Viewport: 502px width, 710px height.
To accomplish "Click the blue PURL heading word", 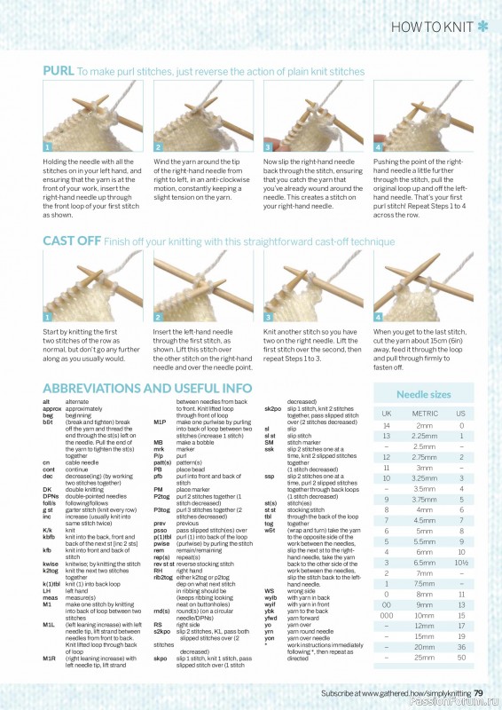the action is [x=59, y=71].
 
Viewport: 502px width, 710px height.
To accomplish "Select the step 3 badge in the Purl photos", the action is [x=268, y=147].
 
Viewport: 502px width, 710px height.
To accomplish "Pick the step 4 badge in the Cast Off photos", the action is [x=378, y=316].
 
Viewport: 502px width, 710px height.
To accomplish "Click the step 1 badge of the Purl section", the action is [x=48, y=147].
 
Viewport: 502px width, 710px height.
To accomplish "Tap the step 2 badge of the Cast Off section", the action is [x=158, y=316].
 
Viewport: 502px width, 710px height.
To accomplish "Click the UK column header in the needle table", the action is [x=387, y=414].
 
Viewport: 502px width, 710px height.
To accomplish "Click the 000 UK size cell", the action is [x=387, y=614].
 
